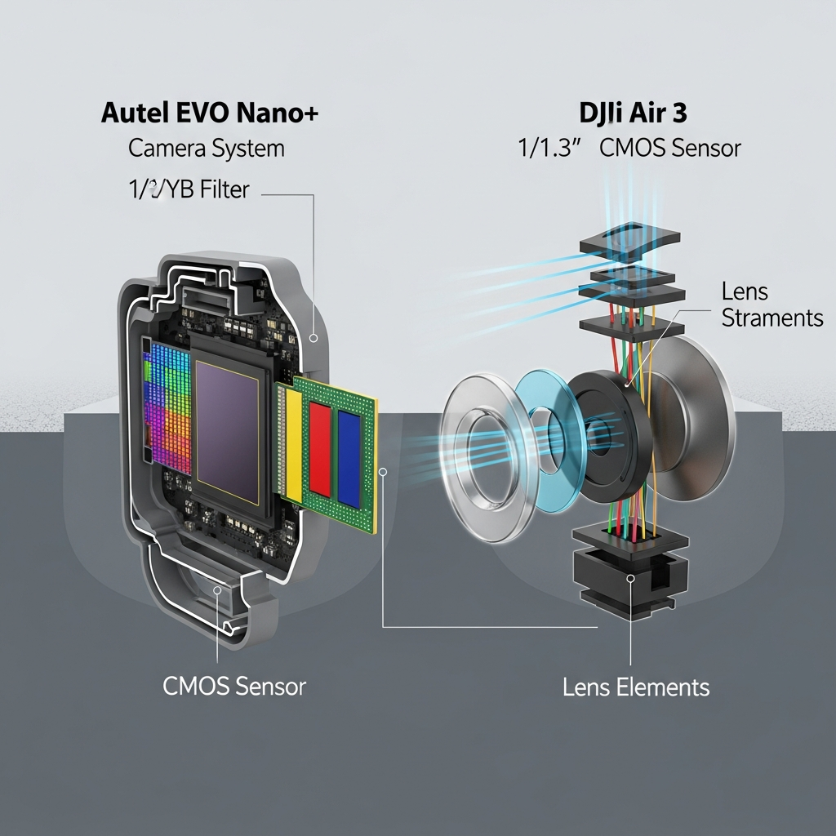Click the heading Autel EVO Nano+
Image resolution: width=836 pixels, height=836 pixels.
click(210, 113)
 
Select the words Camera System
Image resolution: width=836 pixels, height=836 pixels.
click(207, 149)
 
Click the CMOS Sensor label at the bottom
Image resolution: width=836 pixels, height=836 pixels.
click(234, 685)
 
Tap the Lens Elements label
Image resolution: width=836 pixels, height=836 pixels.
click(636, 687)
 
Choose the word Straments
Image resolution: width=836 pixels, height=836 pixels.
click(772, 318)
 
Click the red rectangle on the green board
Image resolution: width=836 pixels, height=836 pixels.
click(320, 450)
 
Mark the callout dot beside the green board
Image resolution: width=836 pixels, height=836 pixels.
click(384, 471)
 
